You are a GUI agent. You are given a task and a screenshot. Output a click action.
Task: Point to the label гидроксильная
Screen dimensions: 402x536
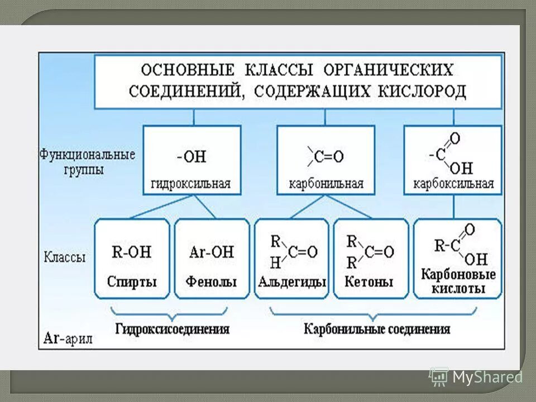point(191,184)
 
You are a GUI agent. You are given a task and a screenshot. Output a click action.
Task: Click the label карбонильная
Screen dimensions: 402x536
point(326,184)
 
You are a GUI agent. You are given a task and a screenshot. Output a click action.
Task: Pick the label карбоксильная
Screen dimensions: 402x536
point(453,184)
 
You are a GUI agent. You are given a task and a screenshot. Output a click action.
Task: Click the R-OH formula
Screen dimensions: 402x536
point(132,251)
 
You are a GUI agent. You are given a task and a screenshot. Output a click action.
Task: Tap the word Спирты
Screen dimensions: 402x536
point(132,281)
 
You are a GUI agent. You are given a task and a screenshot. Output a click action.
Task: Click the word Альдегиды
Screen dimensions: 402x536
point(292,281)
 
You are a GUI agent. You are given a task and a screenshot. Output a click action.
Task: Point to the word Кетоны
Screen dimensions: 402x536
point(368,281)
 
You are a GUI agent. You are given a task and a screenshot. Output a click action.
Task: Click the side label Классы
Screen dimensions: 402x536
point(65,258)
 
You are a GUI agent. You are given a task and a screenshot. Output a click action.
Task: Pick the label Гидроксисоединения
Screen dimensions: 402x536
point(172,329)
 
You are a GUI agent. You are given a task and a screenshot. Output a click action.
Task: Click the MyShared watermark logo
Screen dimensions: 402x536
point(476,377)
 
